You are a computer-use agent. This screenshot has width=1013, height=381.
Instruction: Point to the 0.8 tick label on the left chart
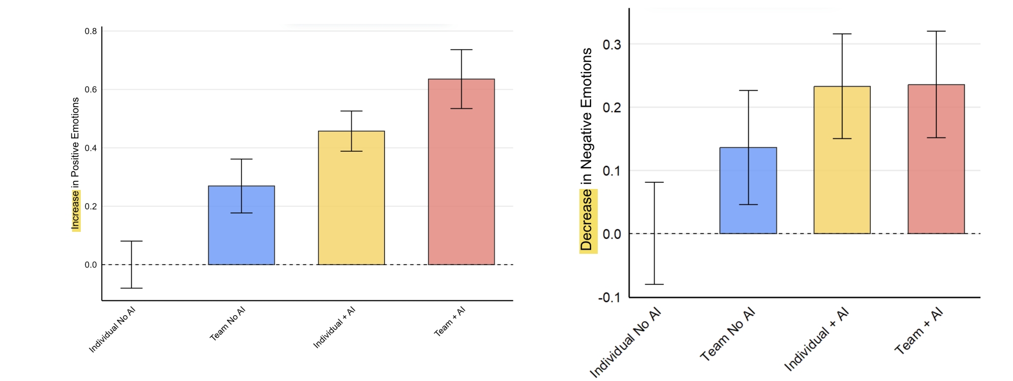pyautogui.click(x=91, y=31)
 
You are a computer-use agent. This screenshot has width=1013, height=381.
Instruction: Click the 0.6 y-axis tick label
pyautogui.click(x=91, y=89)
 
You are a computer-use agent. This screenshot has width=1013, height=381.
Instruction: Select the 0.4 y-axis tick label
pyautogui.click(x=91, y=148)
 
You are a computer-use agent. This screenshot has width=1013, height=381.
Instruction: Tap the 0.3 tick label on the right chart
pyautogui.click(x=612, y=44)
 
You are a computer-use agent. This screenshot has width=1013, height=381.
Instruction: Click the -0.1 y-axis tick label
pyautogui.click(x=609, y=298)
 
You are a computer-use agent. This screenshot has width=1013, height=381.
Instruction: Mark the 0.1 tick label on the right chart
pyautogui.click(x=612, y=171)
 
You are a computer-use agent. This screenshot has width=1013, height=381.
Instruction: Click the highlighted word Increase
pyautogui.click(x=76, y=210)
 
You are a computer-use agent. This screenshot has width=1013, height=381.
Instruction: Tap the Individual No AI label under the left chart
pyautogui.click(x=112, y=330)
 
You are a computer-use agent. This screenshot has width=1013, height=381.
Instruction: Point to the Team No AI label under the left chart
pyautogui.click(x=228, y=323)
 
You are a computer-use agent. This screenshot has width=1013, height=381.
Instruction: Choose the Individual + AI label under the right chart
pyautogui.click(x=816, y=339)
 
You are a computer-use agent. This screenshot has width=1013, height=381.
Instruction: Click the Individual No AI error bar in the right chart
pyautogui.click(x=654, y=233)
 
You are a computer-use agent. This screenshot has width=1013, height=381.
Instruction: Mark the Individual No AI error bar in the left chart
pyautogui.click(x=131, y=265)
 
